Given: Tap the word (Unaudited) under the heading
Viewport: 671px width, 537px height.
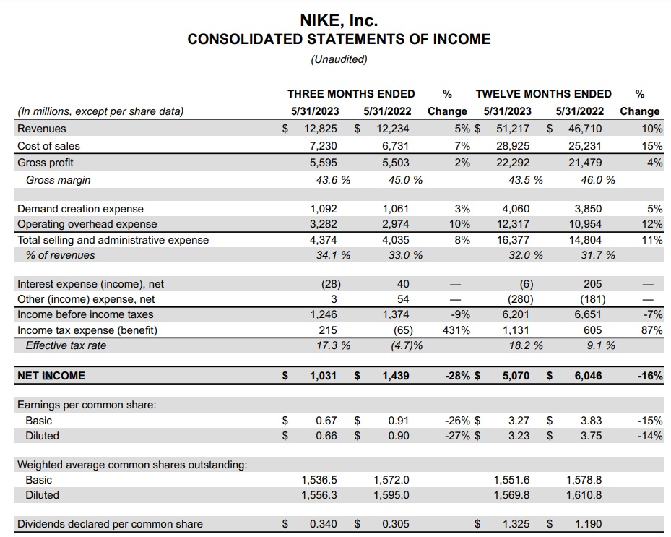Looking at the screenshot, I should [339, 59].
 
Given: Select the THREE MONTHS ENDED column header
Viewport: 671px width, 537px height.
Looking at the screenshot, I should [351, 93].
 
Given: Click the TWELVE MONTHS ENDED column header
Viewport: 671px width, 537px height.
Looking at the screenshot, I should [543, 93].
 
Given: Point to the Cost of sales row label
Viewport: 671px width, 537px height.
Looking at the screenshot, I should [48, 146].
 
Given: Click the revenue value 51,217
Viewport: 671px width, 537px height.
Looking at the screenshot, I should [514, 129].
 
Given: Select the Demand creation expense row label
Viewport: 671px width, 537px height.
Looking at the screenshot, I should [80, 209].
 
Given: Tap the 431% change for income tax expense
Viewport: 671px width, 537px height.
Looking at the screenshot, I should [456, 330].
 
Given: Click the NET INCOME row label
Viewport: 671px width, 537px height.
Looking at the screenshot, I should [51, 376].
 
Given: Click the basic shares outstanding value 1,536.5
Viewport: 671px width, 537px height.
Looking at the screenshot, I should [319, 480].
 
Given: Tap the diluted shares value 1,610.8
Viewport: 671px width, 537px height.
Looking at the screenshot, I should [584, 495].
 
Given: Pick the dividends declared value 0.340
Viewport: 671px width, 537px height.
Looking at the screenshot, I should [323, 524].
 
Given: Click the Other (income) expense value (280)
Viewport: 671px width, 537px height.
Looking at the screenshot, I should [515, 299].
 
